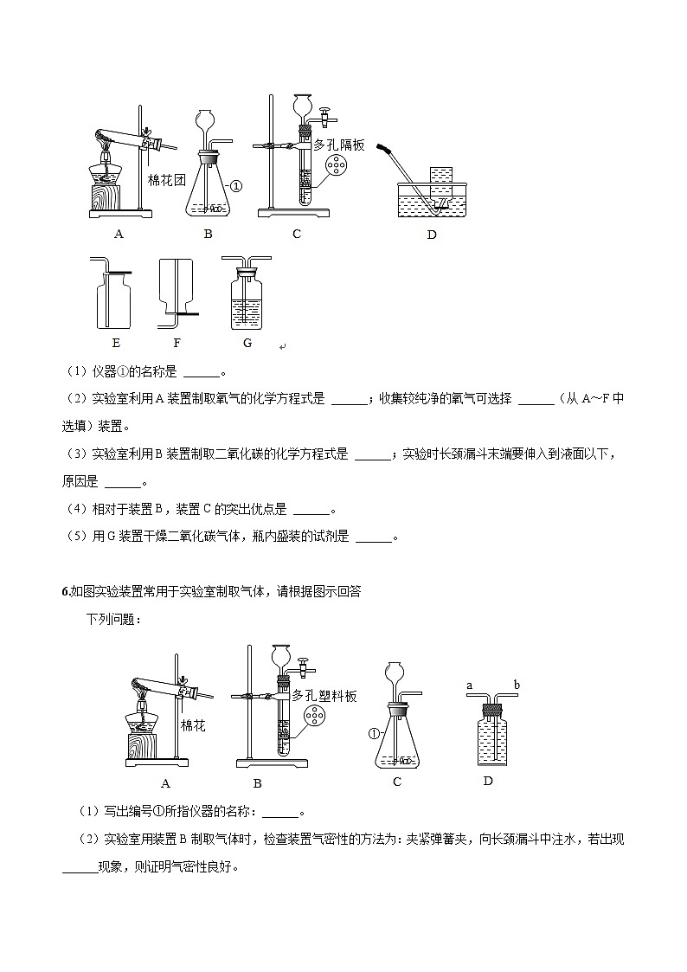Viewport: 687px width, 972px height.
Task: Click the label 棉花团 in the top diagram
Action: point(167,180)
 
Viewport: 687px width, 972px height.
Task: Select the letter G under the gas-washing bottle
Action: point(247,343)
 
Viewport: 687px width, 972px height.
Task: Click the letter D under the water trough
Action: point(432,235)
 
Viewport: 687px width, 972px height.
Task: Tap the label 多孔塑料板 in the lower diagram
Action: point(324,695)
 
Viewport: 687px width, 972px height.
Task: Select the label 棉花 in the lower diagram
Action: point(193,725)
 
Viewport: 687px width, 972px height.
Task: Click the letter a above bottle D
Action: point(469,686)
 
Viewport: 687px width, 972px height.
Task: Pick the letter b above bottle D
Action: point(517,686)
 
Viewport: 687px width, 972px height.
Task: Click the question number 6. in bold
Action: point(66,591)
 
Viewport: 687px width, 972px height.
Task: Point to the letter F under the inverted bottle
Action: point(177,343)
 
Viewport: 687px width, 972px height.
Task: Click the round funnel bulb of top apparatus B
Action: point(206,119)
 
